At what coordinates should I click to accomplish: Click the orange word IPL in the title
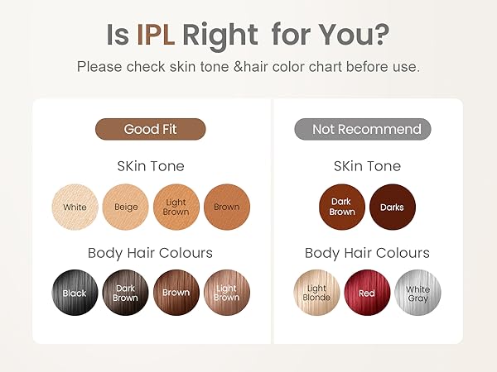[x=156, y=34]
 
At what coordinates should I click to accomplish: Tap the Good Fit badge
[x=150, y=129]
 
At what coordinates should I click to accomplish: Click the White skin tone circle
[x=75, y=207]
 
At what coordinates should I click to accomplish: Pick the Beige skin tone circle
[x=125, y=207]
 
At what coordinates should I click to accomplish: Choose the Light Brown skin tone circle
[x=176, y=207]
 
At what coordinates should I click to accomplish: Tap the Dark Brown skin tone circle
[x=342, y=207]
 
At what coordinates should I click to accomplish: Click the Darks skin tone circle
[x=393, y=207]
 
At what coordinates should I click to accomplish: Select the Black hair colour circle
[x=75, y=293]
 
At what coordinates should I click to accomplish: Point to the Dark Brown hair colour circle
[x=125, y=293]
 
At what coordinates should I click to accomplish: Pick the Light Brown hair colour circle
[x=226, y=293]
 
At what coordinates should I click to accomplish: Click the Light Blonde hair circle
[x=316, y=293]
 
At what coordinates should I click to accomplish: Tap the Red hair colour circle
[x=367, y=293]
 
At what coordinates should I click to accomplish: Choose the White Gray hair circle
[x=417, y=293]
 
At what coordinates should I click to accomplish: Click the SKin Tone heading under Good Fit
[x=150, y=166]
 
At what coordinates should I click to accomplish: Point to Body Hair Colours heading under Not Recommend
[x=367, y=253]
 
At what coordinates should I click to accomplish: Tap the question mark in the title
[x=382, y=34]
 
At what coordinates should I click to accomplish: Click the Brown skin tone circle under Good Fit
[x=226, y=207]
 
